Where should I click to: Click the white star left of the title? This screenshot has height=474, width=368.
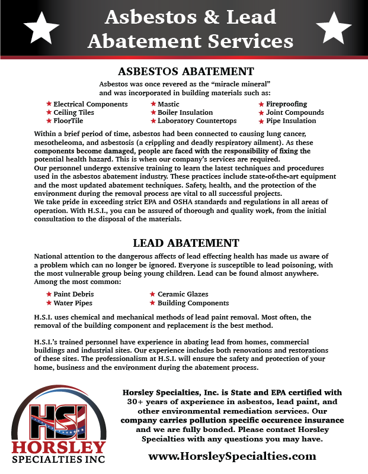41,27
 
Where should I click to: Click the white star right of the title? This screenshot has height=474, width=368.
334,27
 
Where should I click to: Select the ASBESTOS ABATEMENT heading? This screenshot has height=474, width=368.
186,72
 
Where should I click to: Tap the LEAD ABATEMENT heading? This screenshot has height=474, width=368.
186,243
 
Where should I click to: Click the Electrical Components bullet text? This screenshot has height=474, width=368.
91,104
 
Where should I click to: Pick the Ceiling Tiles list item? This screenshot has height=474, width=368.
73,112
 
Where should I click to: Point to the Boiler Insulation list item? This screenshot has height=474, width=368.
185,112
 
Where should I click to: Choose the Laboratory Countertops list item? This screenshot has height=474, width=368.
197,121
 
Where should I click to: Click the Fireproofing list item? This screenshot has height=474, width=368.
287,104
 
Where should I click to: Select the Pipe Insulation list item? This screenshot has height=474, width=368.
291,121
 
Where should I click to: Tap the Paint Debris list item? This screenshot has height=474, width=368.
73,294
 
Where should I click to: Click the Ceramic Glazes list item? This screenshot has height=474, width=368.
183,294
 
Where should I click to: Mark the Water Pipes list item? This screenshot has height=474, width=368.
72,303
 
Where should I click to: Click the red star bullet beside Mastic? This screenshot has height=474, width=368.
153,104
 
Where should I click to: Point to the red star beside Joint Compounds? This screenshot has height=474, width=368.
261,112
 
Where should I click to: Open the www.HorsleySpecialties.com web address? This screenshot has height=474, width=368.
232,456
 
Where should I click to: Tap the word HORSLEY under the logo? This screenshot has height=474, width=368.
58,447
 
